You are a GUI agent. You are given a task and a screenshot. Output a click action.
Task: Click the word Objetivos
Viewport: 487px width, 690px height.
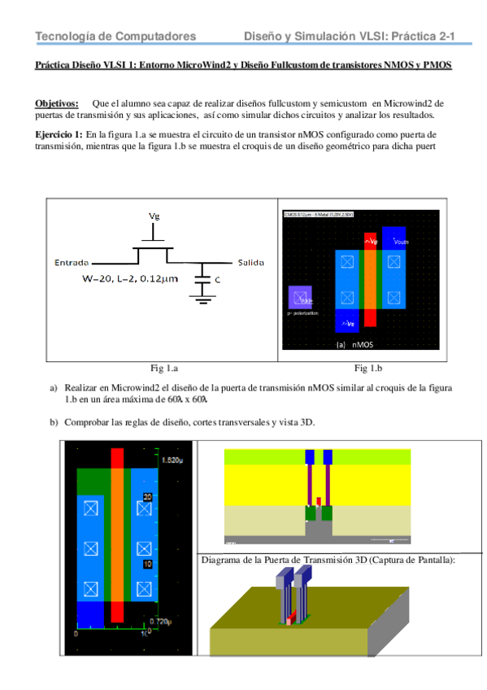[56, 103]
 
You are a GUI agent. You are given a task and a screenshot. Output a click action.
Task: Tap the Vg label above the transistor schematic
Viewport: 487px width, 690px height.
[154, 216]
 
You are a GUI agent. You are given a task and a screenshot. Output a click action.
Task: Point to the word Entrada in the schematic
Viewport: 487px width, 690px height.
[72, 263]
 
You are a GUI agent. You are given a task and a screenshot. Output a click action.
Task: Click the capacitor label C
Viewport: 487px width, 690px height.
[218, 280]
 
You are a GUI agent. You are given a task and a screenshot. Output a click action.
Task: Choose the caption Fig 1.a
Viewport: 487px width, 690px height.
[163, 367]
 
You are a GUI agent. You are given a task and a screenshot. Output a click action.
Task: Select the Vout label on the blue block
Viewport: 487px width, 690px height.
[401, 242]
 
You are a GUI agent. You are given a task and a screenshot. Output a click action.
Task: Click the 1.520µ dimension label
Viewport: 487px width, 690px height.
[172, 461]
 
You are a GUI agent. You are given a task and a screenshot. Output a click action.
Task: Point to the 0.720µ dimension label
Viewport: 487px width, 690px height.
[172, 622]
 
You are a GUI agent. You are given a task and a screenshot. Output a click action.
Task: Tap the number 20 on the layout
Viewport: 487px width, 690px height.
[147, 496]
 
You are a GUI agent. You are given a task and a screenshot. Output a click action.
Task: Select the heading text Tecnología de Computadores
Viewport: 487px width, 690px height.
[115, 37]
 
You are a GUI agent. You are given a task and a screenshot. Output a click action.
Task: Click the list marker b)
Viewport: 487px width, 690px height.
[54, 422]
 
